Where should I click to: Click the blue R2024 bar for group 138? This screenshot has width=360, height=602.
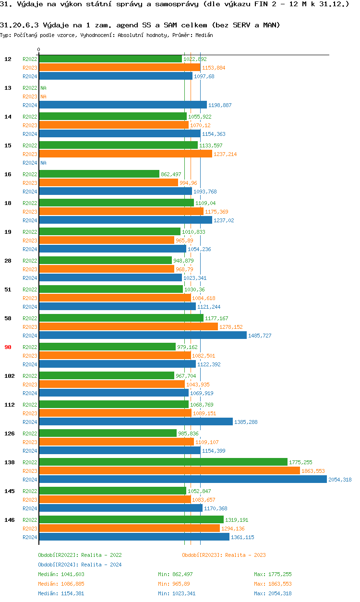[182, 480]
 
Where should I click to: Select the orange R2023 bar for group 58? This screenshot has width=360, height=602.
[128, 327]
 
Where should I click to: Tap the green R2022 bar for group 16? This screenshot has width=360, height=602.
[99, 174]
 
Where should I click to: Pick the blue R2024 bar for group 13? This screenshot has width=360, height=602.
[122, 105]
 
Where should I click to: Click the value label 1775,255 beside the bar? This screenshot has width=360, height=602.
[300, 462]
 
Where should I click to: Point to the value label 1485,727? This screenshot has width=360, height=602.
[260, 336]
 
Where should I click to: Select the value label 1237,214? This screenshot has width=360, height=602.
[225, 154]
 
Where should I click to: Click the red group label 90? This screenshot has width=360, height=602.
[8, 347]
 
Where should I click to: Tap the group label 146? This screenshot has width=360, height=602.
[9, 520]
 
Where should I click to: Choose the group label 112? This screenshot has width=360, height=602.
[9, 405]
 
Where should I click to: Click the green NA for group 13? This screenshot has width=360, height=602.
[43, 88]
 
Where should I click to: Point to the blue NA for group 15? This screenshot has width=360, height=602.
[43, 163]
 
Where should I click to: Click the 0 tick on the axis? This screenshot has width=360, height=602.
[39, 49]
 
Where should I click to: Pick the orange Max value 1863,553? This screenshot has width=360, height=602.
[280, 584]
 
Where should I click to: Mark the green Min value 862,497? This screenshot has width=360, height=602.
[182, 574]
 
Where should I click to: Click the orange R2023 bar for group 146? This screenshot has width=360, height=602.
[129, 529]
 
